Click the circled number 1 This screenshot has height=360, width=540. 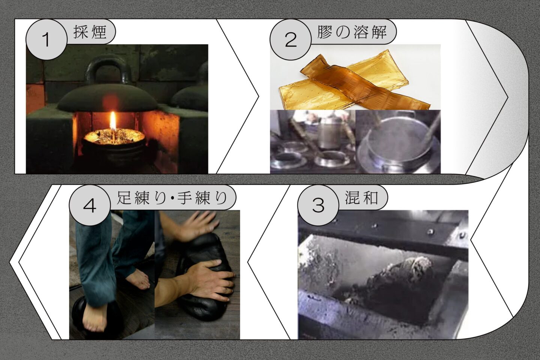click(x=46, y=40)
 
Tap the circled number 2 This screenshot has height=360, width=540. click(x=291, y=40)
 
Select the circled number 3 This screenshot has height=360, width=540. click(x=318, y=205)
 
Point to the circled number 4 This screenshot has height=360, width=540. click(x=90, y=205)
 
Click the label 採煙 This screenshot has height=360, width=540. click(x=90, y=32)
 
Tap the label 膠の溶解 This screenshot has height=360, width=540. click(x=352, y=32)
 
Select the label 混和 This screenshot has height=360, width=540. click(x=361, y=198)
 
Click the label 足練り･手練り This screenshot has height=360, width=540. click(x=172, y=198)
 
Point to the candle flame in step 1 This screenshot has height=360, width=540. click(x=113, y=121)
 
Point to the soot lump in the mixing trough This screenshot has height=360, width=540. click(x=395, y=285)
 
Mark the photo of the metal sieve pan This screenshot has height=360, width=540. click(x=398, y=141)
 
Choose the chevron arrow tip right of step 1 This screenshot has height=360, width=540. click(x=258, y=96)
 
